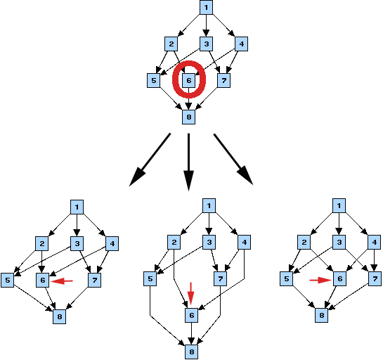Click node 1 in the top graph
pyautogui.click(x=206, y=7)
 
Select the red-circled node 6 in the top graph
pyautogui.click(x=189, y=80)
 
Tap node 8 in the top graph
pyautogui.click(x=189, y=117)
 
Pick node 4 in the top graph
pyautogui.click(x=241, y=44)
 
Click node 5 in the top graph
pyautogui.click(x=154, y=80)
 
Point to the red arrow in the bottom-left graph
pyautogui.click(x=62, y=281)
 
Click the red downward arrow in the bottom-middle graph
pyautogui.click(x=190, y=294)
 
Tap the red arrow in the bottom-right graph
pyautogui.click(x=320, y=281)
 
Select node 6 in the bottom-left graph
pyautogui.click(x=43, y=280)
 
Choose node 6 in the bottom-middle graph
pyautogui.click(x=191, y=315)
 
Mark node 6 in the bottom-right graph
pyautogui.click(x=339, y=278)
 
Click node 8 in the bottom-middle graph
pyautogui.click(x=191, y=352)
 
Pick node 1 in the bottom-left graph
pyautogui.click(x=77, y=207)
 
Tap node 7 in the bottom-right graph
pyautogui.click(x=375, y=278)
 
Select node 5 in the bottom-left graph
pyautogui.click(x=8, y=280)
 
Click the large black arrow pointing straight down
pyautogui.click(x=188, y=162)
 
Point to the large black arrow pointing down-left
pyautogui.click(x=150, y=160)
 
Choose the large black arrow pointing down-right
pyautogui.click(x=233, y=159)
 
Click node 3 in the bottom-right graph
pyautogui.click(x=339, y=242)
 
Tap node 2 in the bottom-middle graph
pyautogui.click(x=174, y=242)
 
